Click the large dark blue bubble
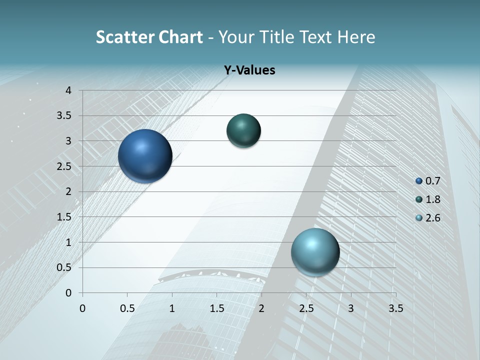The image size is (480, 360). pos(145,156)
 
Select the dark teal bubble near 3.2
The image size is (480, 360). pos(243,131)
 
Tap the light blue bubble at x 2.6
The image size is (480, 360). pos(315,252)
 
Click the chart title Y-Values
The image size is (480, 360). pos(249,70)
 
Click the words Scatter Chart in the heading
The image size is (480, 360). pos(149,37)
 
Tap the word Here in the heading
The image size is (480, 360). pos(356,37)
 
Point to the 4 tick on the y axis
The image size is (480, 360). pos(69,90)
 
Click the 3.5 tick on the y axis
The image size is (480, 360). pos(65,116)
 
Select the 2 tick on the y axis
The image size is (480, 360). pos(69,191)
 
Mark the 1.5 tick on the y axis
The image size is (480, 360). pos(65,217)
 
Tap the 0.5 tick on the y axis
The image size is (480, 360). pos(65,267)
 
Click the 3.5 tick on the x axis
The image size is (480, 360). pos(395,308)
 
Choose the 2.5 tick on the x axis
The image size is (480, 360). pos(306,308)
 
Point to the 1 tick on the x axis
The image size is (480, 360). pos(172,308)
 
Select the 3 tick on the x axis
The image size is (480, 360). pos(351,308)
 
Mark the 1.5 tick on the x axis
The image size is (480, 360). pos(216,308)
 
